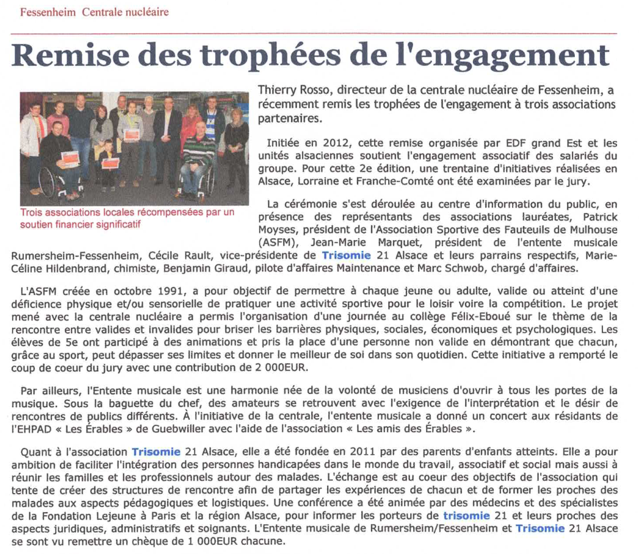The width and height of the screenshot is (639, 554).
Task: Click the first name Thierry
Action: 276,91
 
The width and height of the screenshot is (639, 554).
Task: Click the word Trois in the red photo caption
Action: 32,213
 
